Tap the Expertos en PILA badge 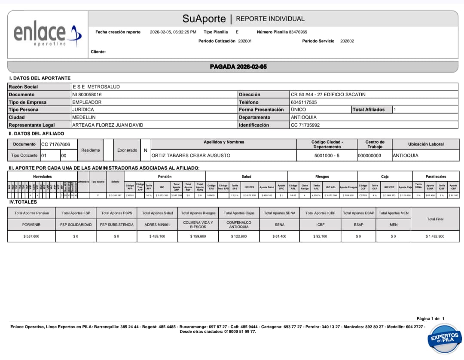tap(446, 338)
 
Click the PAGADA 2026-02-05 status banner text tap(238, 67)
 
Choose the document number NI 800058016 tap(87, 95)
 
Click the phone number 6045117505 tap(304, 102)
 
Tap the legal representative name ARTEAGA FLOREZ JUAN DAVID tap(107, 125)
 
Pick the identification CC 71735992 tap(305, 125)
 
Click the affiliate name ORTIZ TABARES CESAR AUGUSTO tap(191, 156)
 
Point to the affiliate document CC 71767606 tap(55, 144)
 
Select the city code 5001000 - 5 tap(327, 156)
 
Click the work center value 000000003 tap(369, 156)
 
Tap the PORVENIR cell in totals tap(31, 225)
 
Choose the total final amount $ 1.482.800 tap(435, 236)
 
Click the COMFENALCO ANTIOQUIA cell tap(238, 225)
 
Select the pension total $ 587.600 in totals tap(31, 236)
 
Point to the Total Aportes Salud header tap(157, 213)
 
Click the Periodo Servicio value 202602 tap(347, 41)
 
